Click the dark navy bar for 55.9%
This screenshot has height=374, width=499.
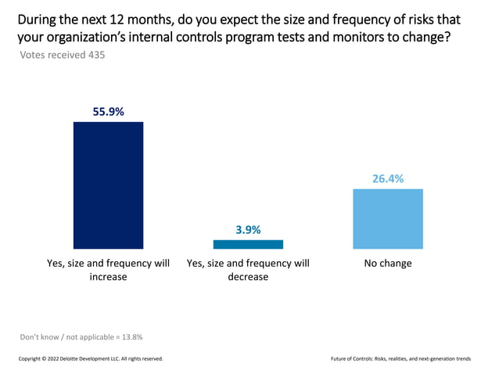point(108,185)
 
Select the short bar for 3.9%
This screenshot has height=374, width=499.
point(248,244)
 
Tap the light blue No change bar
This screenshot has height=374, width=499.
point(388,218)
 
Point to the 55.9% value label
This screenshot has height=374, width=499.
point(108,112)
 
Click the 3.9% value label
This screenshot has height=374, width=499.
point(248,230)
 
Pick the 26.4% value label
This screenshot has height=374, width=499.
point(388,178)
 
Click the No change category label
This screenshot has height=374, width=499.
point(388,264)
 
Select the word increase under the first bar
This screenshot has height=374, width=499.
point(108,277)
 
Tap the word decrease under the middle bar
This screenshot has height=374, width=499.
point(248,277)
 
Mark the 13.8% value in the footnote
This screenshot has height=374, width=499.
point(130,336)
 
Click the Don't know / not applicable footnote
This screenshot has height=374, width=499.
point(81,336)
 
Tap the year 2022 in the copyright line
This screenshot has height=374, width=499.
point(57,359)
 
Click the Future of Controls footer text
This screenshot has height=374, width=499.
point(400,359)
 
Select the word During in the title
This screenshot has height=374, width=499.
point(31,17)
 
